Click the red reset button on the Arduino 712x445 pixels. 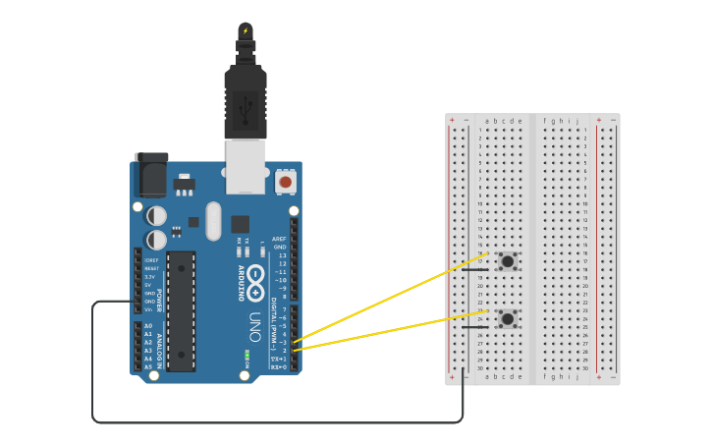click(286, 182)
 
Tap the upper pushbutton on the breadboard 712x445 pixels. click(507, 261)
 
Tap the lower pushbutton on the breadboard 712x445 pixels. click(507, 318)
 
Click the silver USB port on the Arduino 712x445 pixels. click(246, 165)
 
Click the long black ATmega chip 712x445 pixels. click(181, 311)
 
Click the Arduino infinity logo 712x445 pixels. click(255, 276)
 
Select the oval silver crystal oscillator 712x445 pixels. click(214, 221)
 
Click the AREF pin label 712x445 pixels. click(279, 239)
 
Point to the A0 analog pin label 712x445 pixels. click(148, 326)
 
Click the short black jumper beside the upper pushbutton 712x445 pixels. click(474, 270)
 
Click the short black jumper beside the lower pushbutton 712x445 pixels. click(474, 327)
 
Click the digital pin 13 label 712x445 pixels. click(282, 255)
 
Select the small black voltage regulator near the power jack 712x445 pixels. click(184, 184)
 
